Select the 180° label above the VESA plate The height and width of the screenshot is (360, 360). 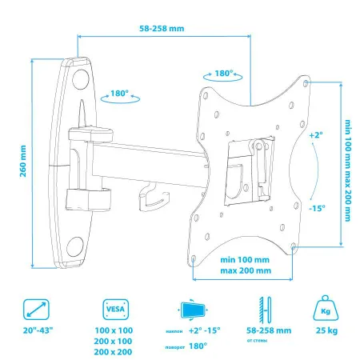pos(225,73)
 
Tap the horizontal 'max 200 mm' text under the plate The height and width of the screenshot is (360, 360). pos(245,271)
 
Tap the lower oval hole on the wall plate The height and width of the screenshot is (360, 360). pos(78,244)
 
